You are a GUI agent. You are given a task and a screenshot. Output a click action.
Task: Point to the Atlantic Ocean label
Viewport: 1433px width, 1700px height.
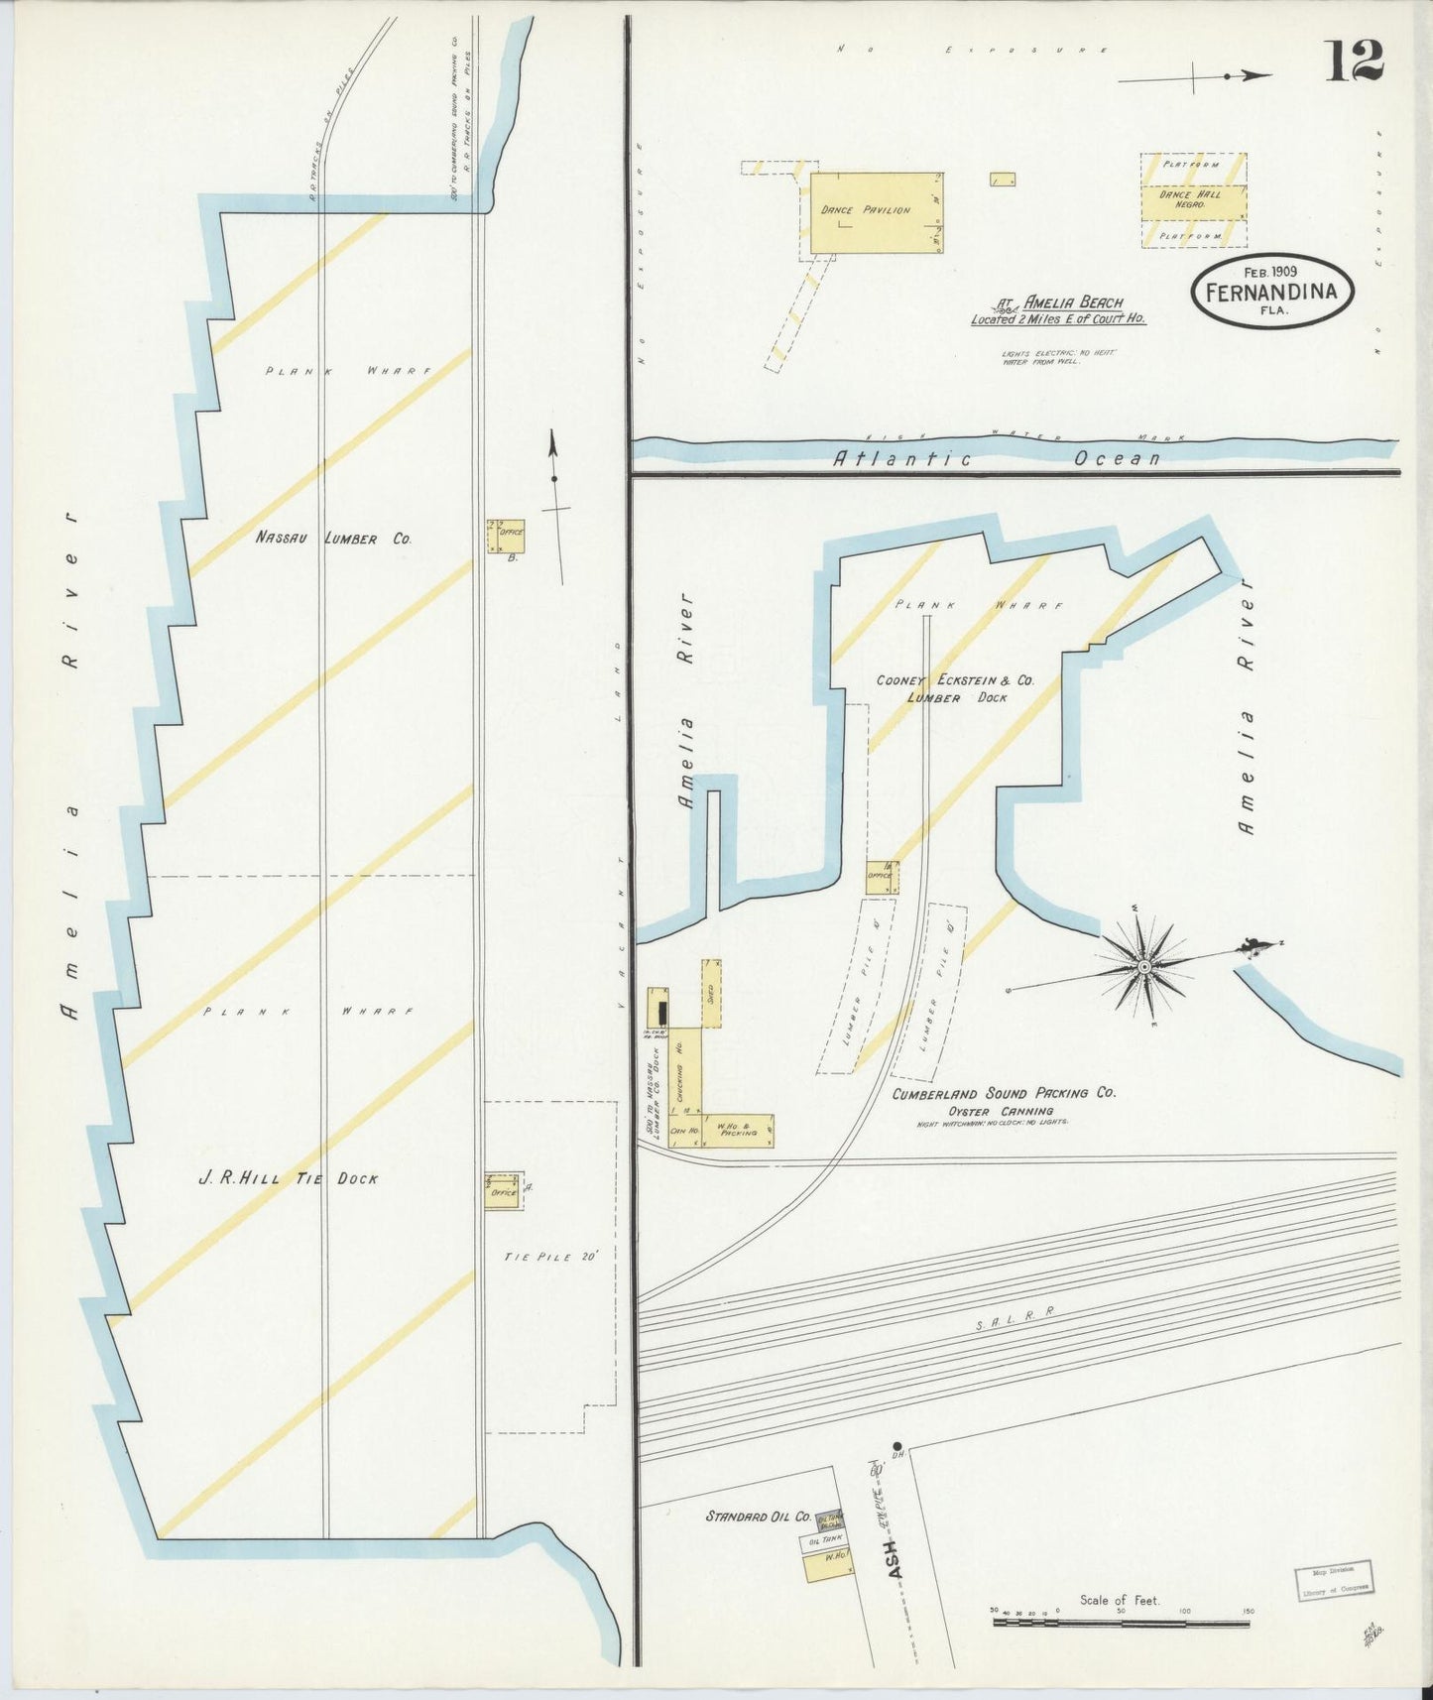(995, 458)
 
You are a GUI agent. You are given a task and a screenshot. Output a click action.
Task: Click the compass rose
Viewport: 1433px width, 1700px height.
(1144, 965)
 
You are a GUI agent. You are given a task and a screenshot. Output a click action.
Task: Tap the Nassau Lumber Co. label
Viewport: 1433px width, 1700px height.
(333, 539)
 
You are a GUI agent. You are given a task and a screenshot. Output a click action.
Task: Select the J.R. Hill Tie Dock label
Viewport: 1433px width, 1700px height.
(288, 1178)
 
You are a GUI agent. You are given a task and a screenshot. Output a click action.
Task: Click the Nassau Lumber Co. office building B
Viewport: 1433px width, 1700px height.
(505, 537)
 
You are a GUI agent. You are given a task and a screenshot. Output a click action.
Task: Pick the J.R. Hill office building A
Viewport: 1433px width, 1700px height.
(502, 1191)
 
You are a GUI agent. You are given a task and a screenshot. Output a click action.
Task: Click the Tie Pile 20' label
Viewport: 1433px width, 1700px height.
(551, 1257)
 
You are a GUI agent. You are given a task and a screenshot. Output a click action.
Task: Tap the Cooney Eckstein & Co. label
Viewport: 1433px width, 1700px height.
(954, 681)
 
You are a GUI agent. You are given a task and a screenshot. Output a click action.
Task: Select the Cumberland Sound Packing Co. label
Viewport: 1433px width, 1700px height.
(1003, 1093)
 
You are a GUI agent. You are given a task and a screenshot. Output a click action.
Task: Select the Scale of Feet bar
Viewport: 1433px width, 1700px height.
(1121, 1623)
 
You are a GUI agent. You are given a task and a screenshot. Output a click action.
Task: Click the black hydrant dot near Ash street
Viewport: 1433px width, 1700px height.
(896, 1446)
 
